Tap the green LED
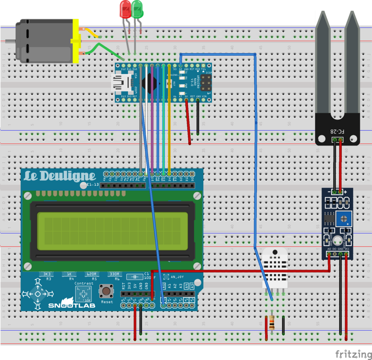click(137, 9)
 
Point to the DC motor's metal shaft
click(10, 41)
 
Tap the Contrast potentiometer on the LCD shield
click(84, 294)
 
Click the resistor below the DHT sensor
click(271, 323)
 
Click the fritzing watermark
click(353, 354)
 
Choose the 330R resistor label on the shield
click(114, 274)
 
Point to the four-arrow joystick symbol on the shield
click(37, 294)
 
